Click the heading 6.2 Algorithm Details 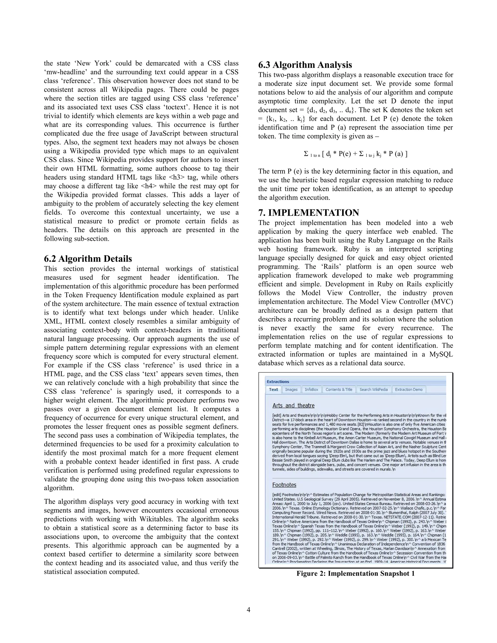tap(88, 259)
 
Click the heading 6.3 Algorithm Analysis tap(305, 65)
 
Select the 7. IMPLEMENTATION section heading tap(309, 213)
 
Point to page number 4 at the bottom tap(248, 610)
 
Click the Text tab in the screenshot tap(273, 389)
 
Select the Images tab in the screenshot tap(291, 389)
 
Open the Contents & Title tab tap(339, 389)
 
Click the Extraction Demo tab tap(408, 389)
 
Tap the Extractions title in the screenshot tap(278, 382)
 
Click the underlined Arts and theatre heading tap(293, 405)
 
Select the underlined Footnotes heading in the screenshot tap(284, 485)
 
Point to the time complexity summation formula tap(355, 154)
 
